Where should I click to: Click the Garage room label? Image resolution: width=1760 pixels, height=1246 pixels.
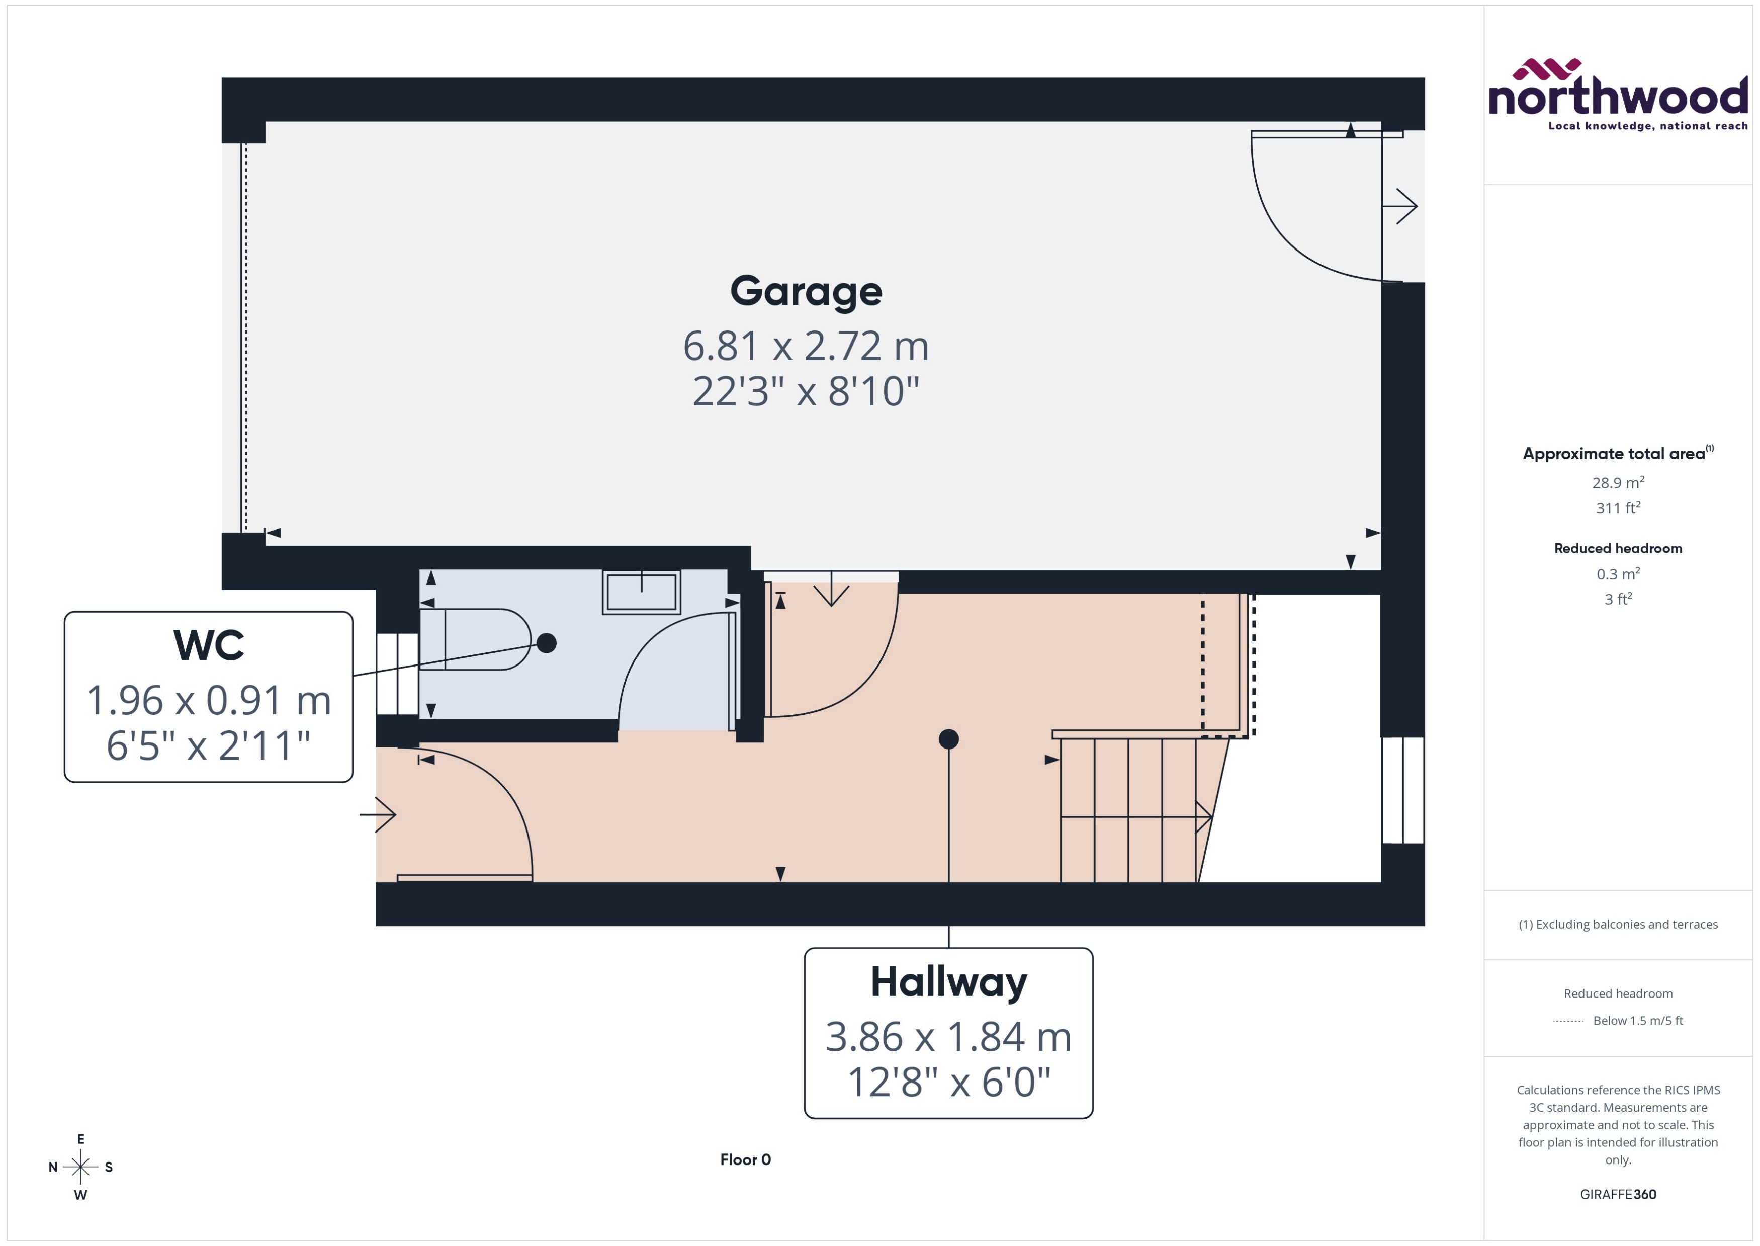click(x=806, y=292)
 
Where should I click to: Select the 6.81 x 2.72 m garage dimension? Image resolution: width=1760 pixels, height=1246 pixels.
click(x=806, y=346)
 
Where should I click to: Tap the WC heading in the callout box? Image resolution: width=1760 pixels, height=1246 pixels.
click(x=209, y=645)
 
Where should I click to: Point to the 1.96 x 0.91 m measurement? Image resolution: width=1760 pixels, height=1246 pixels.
click(x=209, y=701)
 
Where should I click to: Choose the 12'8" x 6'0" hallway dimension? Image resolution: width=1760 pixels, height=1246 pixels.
click(x=948, y=1083)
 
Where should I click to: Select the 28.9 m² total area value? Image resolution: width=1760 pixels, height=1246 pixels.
click(x=1618, y=482)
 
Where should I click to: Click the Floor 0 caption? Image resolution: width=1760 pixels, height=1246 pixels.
click(x=745, y=1160)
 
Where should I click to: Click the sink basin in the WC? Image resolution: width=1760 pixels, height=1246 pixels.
click(x=641, y=592)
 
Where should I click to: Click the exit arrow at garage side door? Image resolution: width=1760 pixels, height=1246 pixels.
click(x=1400, y=206)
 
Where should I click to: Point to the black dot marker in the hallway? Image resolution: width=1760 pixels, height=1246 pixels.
click(x=948, y=739)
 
